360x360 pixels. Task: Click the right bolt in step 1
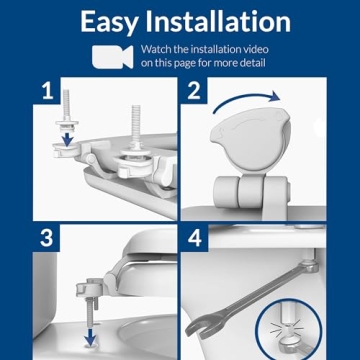tap(134, 135)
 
